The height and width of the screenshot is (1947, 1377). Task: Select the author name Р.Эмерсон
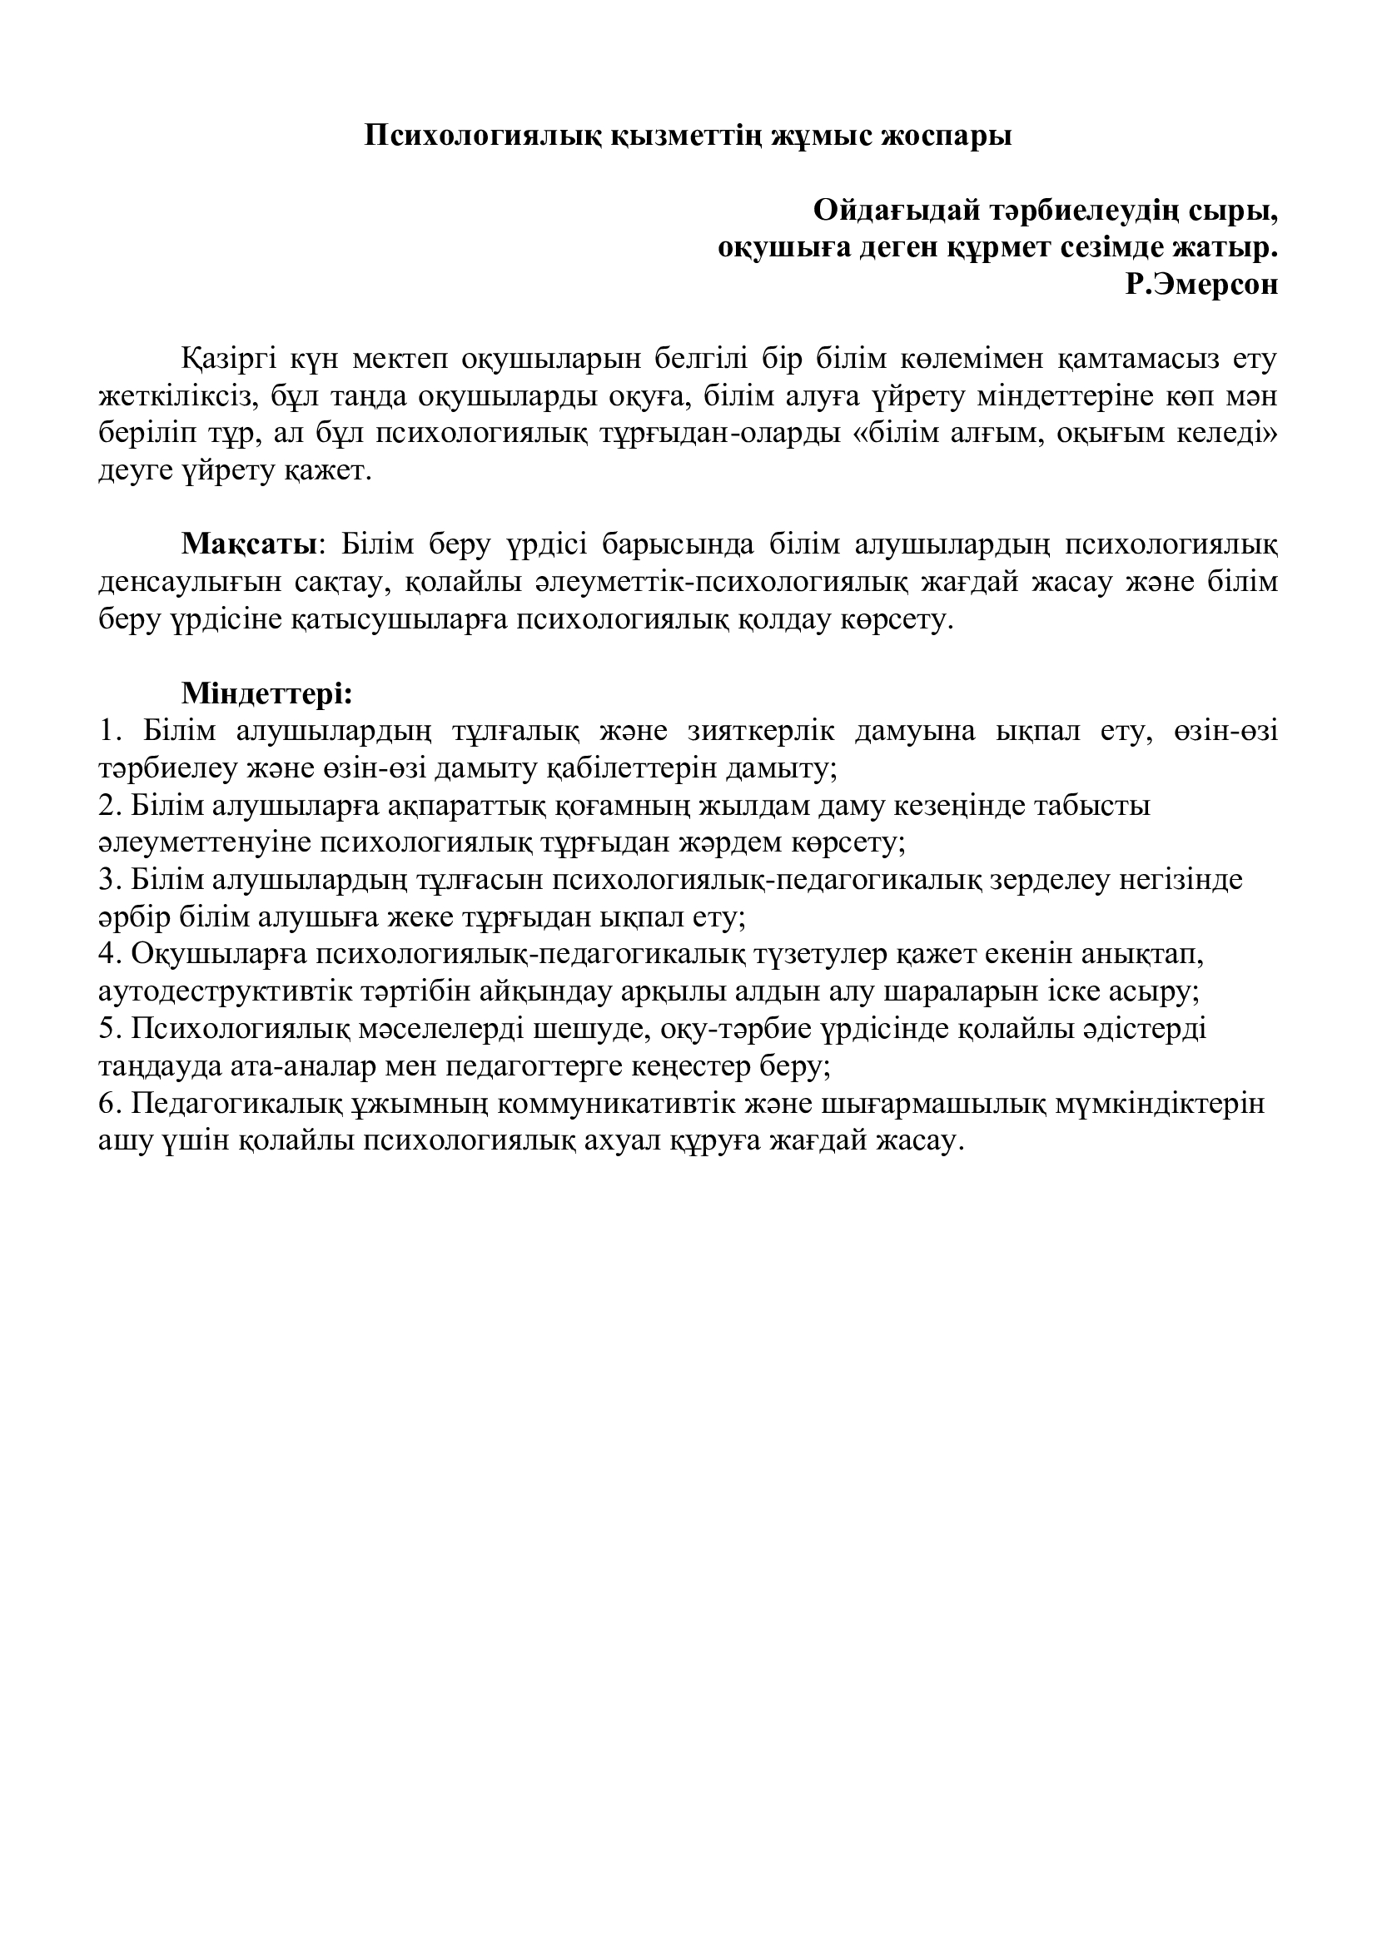(1202, 284)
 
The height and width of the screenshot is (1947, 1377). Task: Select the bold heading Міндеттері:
(266, 693)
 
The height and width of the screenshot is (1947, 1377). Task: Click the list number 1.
(106, 731)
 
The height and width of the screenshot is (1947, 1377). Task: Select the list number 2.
(106, 806)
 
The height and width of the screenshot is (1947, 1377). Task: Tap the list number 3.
(106, 880)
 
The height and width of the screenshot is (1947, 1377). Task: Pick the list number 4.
(106, 955)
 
